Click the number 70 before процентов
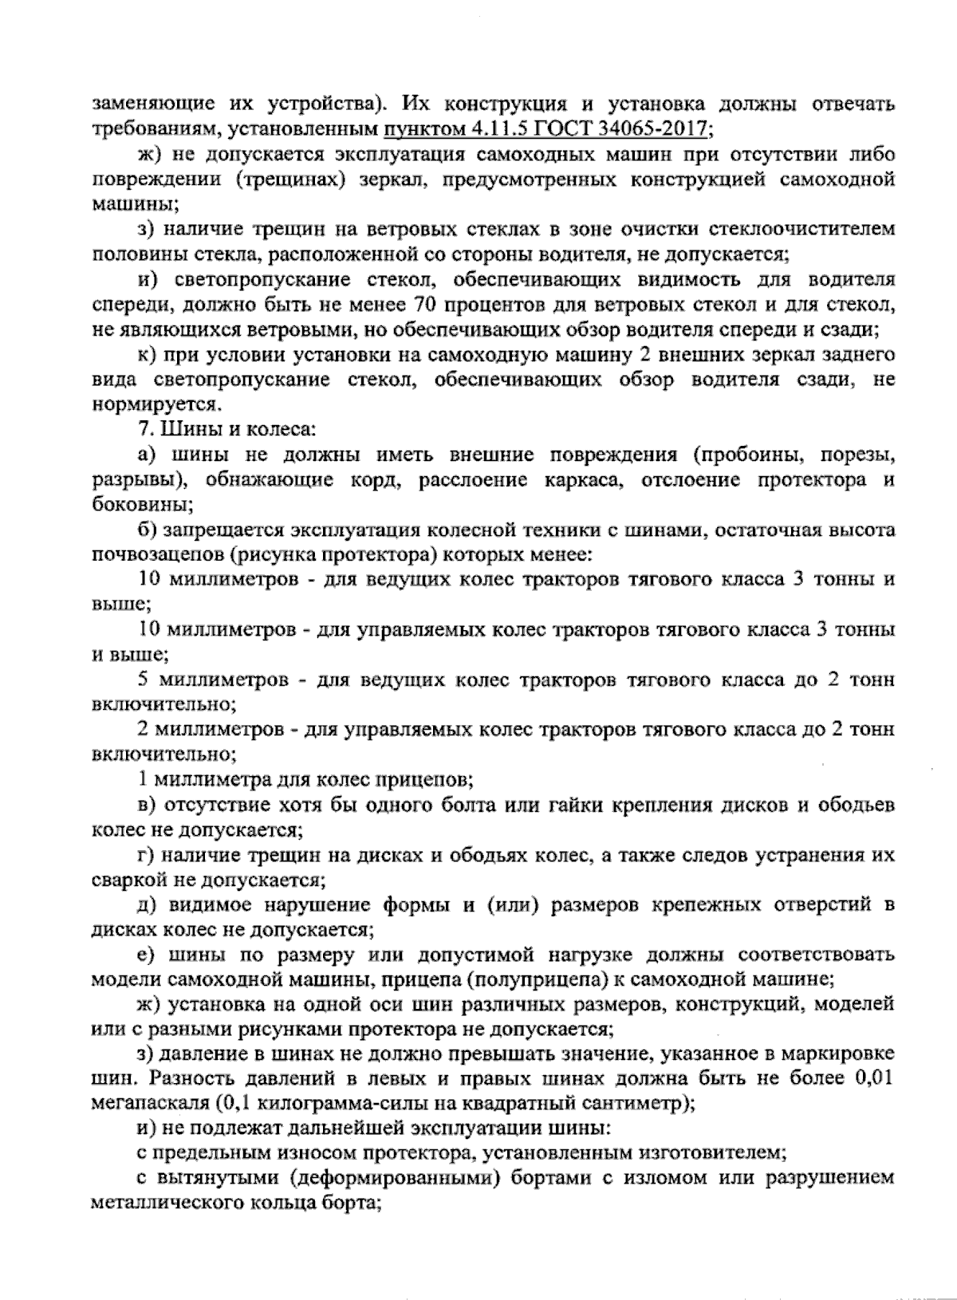(x=430, y=305)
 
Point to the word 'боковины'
(x=139, y=505)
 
